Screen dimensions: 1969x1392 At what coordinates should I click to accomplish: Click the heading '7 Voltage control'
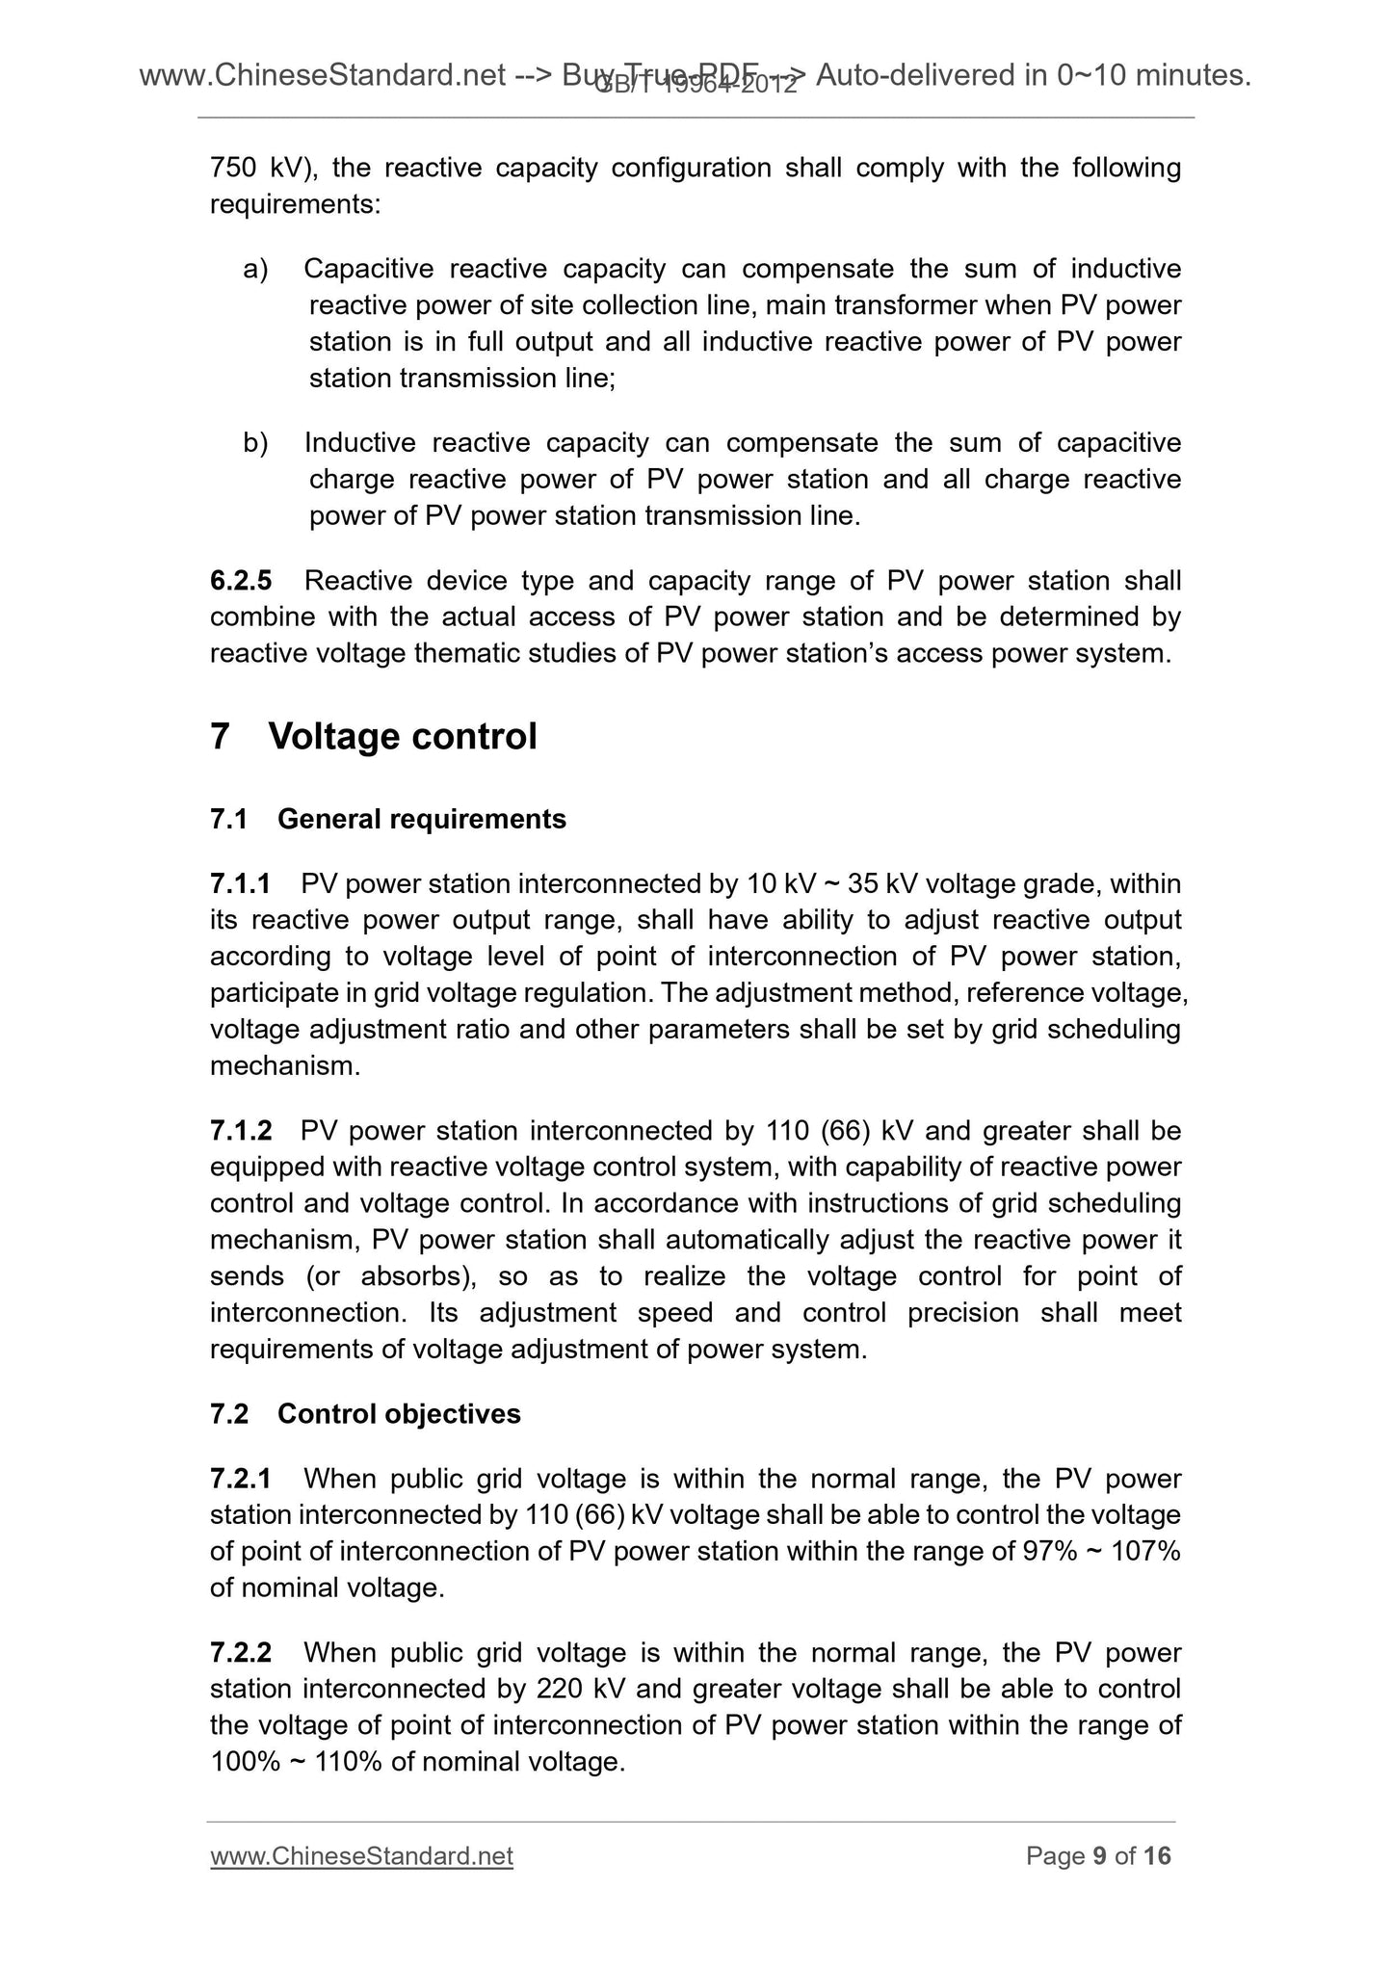click(x=373, y=737)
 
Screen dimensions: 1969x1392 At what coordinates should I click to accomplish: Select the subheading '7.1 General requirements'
click(x=387, y=819)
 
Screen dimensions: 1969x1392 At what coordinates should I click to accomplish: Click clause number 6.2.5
click(x=241, y=581)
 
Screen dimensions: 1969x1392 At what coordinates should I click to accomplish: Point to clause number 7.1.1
click(x=240, y=883)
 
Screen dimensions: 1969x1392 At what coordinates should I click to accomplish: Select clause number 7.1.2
click(x=240, y=1130)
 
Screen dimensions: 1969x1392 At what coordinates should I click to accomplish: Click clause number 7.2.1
click(x=241, y=1478)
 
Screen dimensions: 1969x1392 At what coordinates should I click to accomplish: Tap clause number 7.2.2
click(x=241, y=1652)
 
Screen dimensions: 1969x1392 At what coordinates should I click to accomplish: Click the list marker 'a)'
click(x=255, y=269)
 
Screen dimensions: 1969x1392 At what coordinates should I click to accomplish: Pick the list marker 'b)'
click(x=255, y=443)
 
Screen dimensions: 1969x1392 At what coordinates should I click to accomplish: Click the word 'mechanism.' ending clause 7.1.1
click(x=284, y=1066)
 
